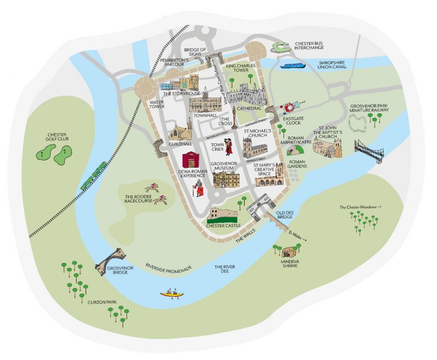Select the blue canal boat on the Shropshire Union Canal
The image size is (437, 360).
pos(294,67)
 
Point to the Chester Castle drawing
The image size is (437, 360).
pos(222,214)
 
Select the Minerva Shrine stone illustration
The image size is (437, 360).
pos(290,251)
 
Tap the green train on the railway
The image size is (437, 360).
pos(94,176)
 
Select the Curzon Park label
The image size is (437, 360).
pos(103,302)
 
